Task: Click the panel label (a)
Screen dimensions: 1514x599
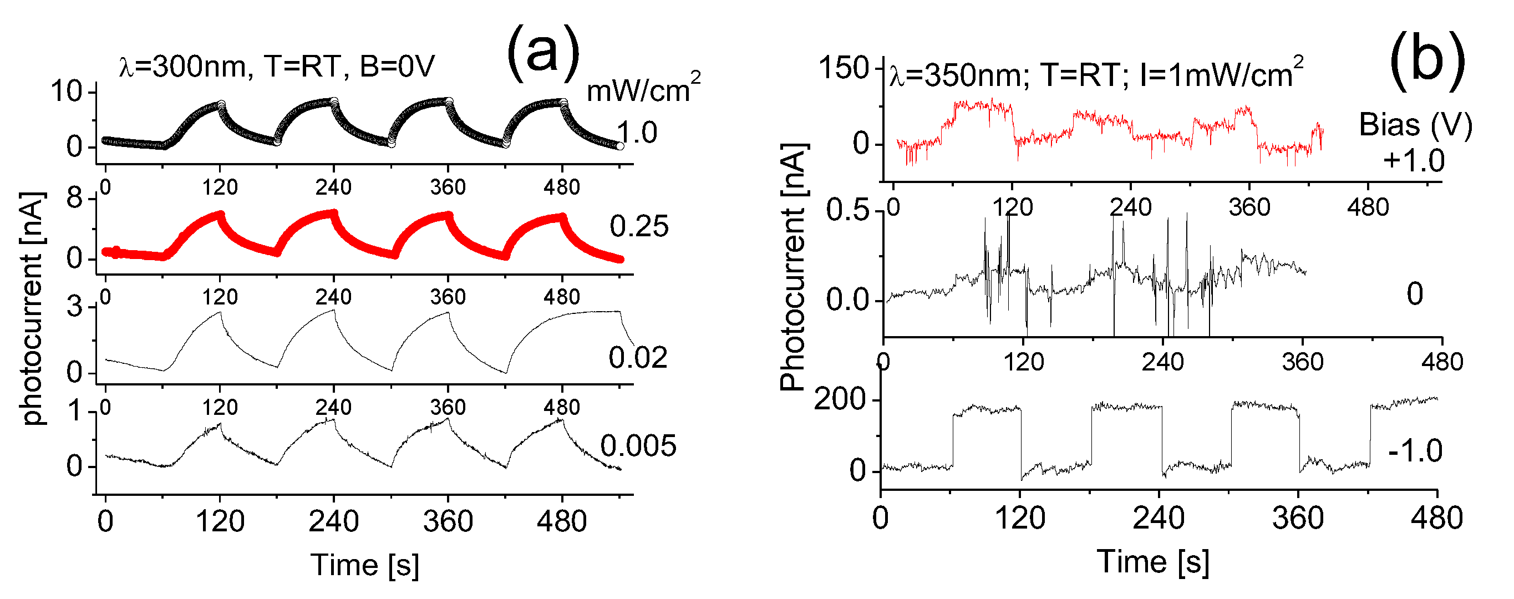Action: [542, 54]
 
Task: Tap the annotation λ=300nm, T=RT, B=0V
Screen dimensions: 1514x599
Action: [276, 67]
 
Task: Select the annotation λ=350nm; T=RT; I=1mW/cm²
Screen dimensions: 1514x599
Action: [1095, 73]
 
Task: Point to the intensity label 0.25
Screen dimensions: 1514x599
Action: [639, 227]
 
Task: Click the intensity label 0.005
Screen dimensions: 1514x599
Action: [638, 446]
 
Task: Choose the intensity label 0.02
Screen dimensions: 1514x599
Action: [638, 358]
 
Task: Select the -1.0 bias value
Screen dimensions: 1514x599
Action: [1415, 451]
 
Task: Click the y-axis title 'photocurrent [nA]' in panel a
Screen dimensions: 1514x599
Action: [33, 308]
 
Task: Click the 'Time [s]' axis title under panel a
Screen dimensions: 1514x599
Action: [365, 566]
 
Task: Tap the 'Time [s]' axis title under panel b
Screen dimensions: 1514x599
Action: [1152, 562]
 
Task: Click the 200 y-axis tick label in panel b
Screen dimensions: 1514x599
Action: [840, 400]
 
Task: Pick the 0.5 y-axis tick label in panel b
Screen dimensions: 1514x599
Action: [847, 210]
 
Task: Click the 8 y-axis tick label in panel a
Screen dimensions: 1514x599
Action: [75, 199]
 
